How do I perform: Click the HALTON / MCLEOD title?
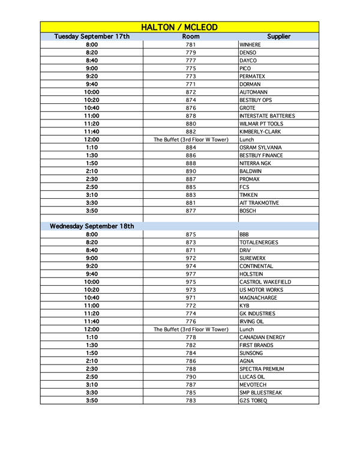tap(179, 28)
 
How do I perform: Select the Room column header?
tap(191, 37)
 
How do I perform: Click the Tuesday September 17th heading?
tap(92, 37)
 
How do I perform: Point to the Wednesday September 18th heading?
tap(92, 226)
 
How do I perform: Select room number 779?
tap(191, 53)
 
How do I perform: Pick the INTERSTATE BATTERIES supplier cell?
tap(267, 116)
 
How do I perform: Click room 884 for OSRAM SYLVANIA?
tap(191, 148)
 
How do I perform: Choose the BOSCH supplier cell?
tap(248, 211)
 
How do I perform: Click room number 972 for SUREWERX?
tap(191, 258)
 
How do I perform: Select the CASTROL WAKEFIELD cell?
tap(265, 282)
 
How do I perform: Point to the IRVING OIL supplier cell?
tap(253, 321)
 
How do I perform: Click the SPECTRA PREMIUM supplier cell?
tap(262, 369)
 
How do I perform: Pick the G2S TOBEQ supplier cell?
tap(253, 401)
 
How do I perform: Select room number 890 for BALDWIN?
tap(191, 171)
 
